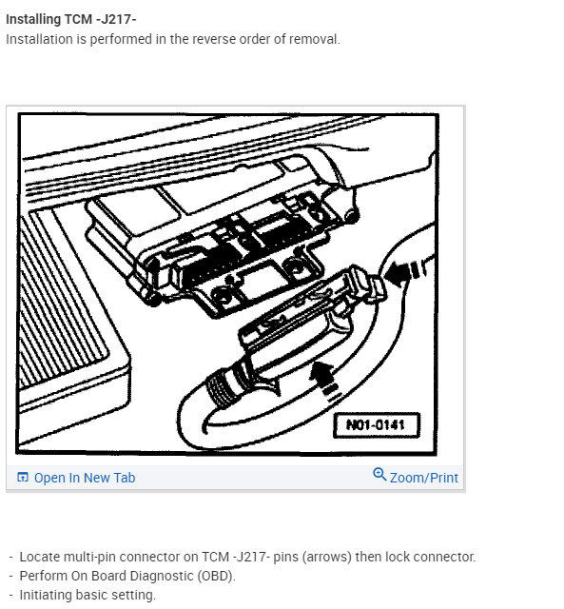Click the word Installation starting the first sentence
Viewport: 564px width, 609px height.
click(41, 39)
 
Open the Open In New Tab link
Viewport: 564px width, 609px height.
click(84, 478)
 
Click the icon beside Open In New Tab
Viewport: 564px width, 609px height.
click(24, 478)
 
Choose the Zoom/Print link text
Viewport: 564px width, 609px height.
click(423, 478)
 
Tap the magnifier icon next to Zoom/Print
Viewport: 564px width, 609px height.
click(379, 476)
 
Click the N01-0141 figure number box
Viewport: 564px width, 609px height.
click(377, 424)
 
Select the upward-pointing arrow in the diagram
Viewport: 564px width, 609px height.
click(326, 374)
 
